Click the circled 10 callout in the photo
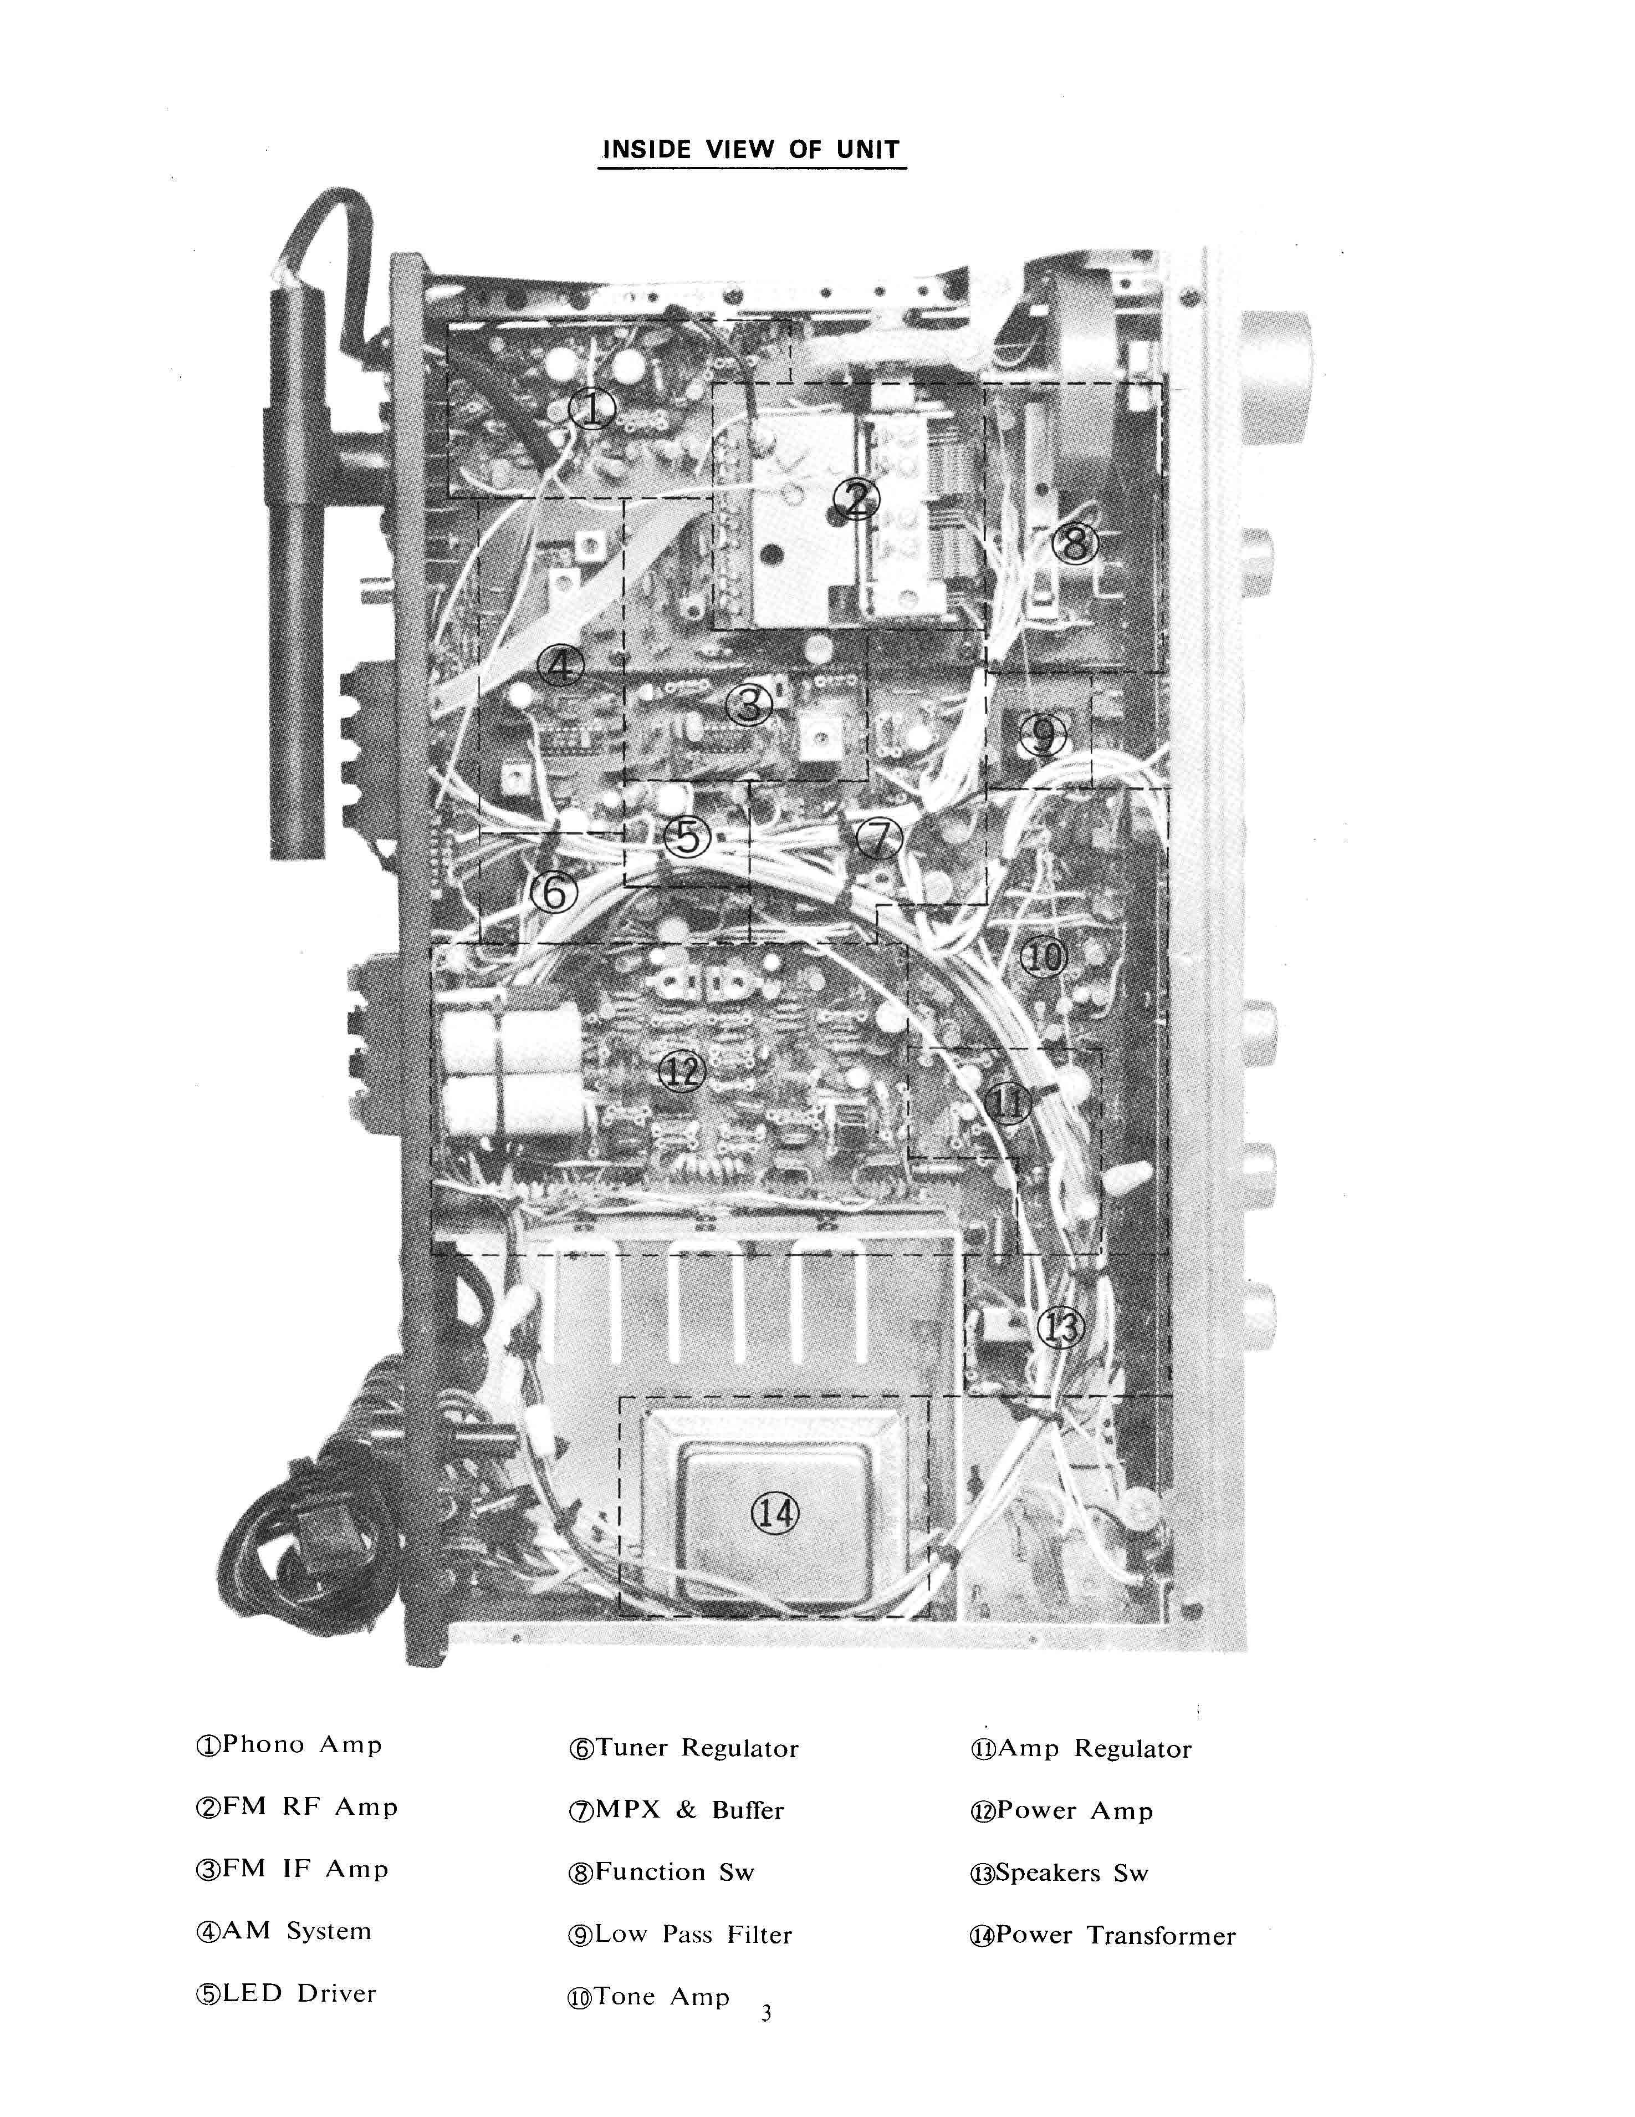coord(1043,958)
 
